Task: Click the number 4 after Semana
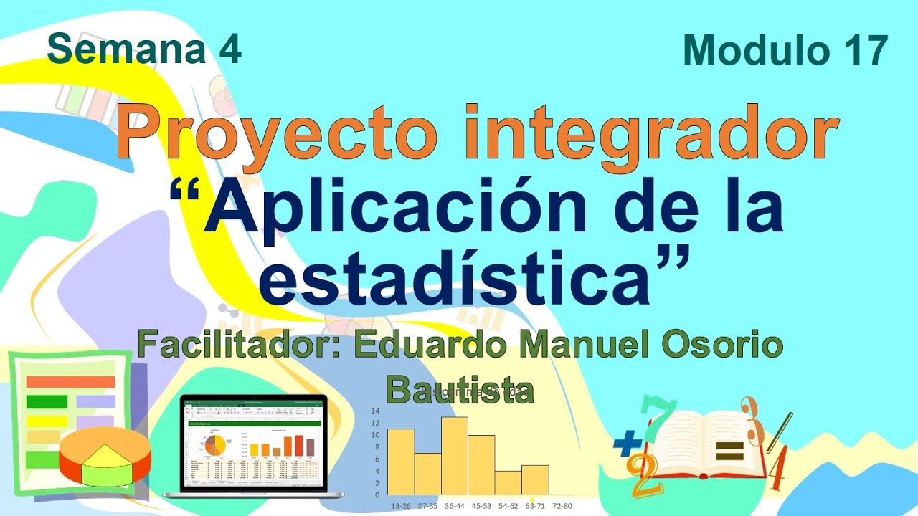[230, 50]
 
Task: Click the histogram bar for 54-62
[508, 482]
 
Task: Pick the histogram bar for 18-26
[401, 462]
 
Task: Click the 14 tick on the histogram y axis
[374, 411]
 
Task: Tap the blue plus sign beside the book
[627, 445]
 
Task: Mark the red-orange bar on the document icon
[70, 382]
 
